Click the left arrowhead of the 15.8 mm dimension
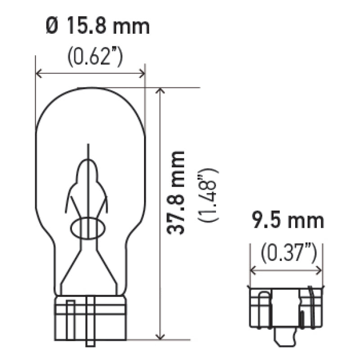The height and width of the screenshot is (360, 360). pos(38,74)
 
